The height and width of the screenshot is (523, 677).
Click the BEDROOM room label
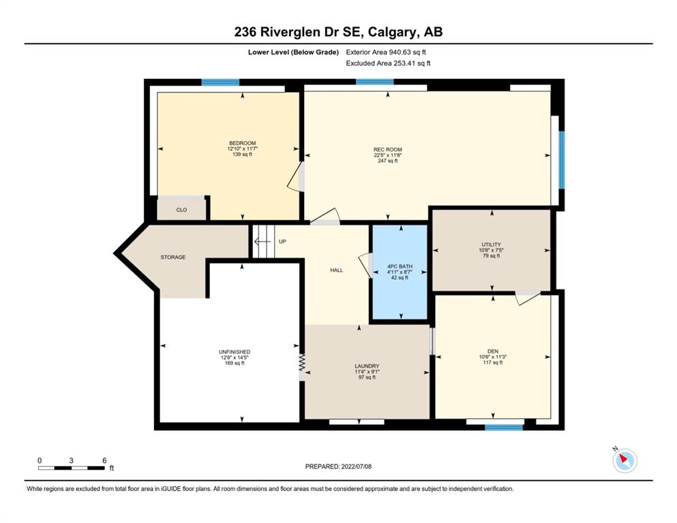coord(242,143)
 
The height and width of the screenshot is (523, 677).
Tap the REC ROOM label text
coord(388,150)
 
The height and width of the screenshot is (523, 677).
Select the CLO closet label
coord(181,210)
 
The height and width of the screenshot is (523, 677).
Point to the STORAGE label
coord(173,257)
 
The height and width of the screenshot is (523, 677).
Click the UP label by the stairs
coord(282,242)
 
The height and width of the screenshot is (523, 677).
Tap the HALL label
coord(336,270)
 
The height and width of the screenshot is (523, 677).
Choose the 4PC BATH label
coord(400,266)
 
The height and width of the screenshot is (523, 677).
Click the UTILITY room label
coord(492,244)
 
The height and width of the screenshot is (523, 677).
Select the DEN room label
coord(493,351)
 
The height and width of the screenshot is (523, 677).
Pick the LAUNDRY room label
coord(367,366)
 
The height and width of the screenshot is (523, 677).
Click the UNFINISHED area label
coord(235,352)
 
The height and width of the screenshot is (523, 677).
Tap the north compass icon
coord(625,460)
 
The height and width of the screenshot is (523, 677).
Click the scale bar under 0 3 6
coord(71,468)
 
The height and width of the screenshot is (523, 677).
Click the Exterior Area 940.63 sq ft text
coord(386,52)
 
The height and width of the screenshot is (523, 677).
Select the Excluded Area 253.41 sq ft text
coord(388,63)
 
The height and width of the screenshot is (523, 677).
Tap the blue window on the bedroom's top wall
coord(220,82)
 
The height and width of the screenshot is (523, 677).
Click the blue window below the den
coord(504,427)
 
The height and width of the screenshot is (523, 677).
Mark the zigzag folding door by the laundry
coord(302,362)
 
